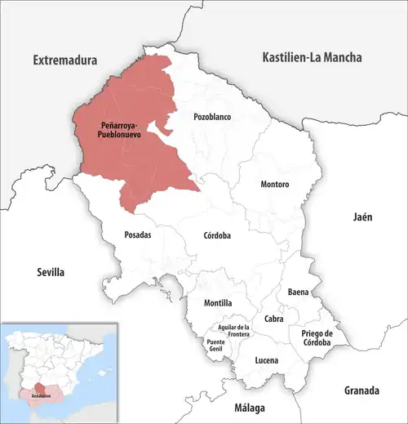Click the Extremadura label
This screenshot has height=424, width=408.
point(64,60)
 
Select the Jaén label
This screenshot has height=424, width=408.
point(362,217)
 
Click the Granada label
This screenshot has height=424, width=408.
point(362,389)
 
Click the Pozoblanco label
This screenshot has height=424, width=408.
point(212,117)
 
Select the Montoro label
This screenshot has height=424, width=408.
point(275,185)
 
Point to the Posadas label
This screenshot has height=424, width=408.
point(137,234)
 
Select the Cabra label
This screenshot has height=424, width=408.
point(273,319)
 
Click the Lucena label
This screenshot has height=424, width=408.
point(266,360)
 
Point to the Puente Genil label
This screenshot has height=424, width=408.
point(216,346)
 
